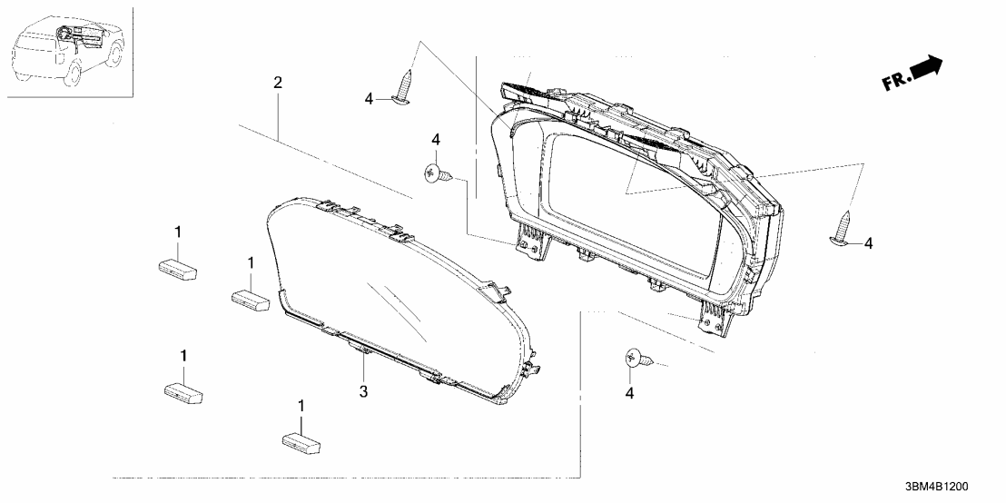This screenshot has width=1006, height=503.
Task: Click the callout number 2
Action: tap(277, 83)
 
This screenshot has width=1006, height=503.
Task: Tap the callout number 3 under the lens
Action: tap(363, 391)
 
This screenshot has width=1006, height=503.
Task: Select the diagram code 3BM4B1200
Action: tap(936, 487)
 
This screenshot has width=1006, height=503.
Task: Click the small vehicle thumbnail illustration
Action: tap(70, 52)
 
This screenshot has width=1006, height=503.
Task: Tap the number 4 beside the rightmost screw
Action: tap(868, 243)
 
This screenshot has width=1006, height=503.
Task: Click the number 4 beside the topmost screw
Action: tap(369, 99)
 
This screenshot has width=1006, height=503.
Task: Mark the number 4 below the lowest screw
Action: tap(629, 392)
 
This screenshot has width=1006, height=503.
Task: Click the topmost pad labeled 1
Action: tap(178, 268)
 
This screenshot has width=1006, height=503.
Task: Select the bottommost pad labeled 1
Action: tap(301, 443)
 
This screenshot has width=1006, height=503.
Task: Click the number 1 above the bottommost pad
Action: tap(301, 406)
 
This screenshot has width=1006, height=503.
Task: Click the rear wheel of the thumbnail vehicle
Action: tap(70, 73)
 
